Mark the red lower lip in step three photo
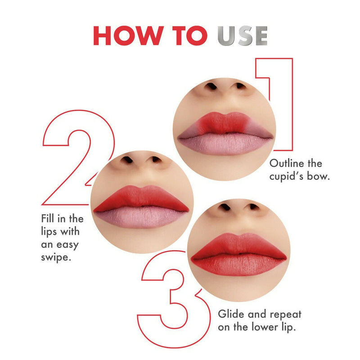[x=238, y=266]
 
